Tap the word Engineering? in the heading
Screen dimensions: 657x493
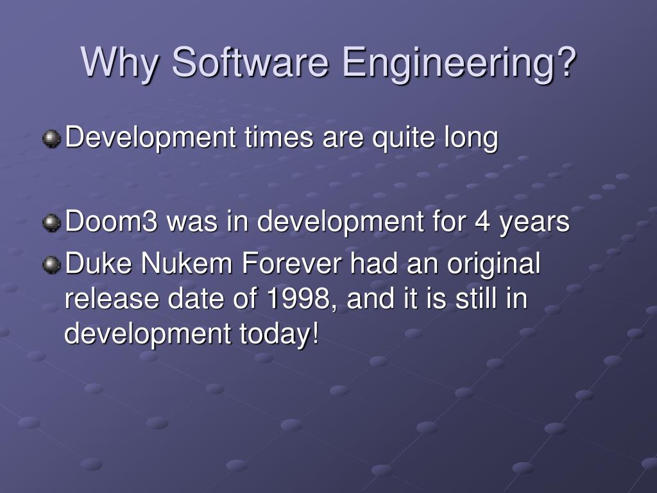point(459,64)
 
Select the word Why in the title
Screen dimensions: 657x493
point(120,64)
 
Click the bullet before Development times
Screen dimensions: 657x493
point(51,139)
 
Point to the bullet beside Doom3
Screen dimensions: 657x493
point(51,222)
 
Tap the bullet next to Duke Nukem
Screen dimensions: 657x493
point(51,264)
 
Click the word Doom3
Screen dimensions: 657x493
point(111,221)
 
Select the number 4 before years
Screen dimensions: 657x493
point(482,221)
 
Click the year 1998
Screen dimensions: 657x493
point(299,298)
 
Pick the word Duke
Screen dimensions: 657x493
point(98,263)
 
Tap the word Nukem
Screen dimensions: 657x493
point(186,263)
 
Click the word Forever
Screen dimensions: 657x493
point(292,263)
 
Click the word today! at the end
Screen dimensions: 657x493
point(279,334)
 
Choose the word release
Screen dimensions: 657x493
point(112,298)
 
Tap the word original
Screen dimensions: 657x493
point(493,264)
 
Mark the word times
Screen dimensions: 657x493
point(279,137)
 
